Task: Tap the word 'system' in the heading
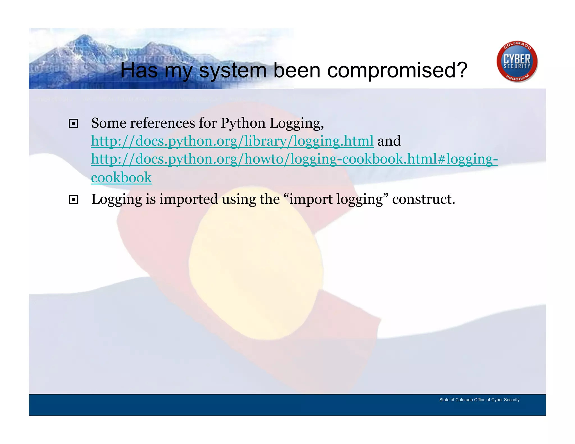point(232,70)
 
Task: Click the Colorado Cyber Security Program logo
point(517,62)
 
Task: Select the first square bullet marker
point(73,123)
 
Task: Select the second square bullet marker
point(73,200)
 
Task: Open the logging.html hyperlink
point(232,141)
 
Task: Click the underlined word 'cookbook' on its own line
point(121,177)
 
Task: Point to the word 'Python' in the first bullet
point(243,123)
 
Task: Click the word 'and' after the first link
point(389,141)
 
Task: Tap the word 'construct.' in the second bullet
point(423,199)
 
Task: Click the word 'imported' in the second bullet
point(189,199)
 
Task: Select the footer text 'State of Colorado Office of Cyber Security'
point(479,400)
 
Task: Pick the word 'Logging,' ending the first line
point(297,123)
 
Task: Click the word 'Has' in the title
point(139,70)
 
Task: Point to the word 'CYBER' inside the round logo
point(517,59)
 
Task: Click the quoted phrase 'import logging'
point(336,199)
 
